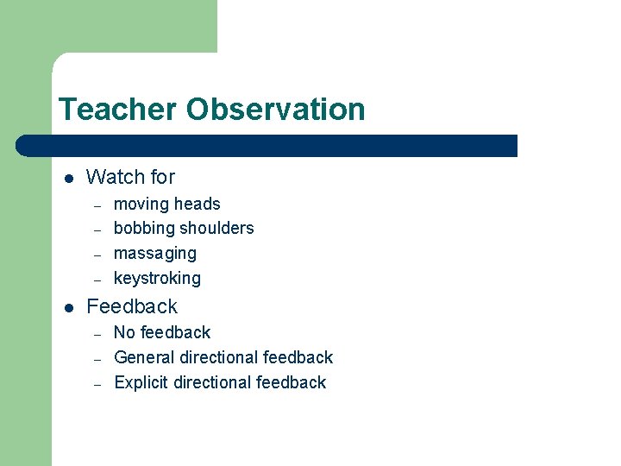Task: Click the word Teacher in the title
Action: click(118, 110)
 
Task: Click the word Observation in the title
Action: click(276, 110)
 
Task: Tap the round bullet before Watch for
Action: click(68, 179)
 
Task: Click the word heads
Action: click(198, 205)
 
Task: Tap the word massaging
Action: click(155, 254)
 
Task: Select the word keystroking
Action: click(157, 279)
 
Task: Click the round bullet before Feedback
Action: click(68, 308)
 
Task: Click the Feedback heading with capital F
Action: click(132, 307)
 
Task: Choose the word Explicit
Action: click(141, 382)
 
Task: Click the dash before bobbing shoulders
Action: click(98, 230)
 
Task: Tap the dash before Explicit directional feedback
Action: click(98, 383)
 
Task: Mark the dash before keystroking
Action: click(98, 280)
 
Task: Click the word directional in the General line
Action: click(219, 357)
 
